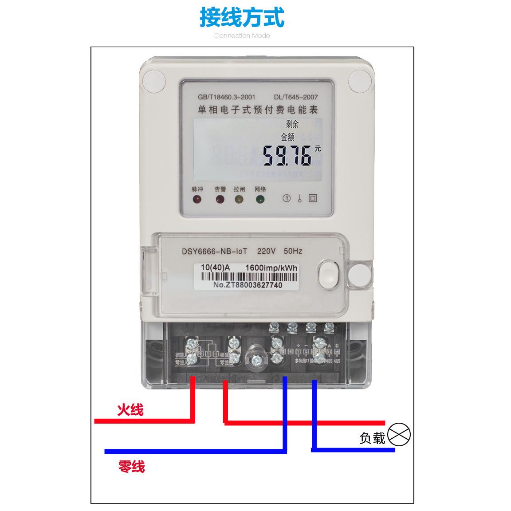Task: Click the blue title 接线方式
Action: click(x=242, y=17)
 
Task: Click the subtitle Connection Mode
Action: click(x=242, y=35)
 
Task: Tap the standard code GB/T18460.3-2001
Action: click(x=226, y=97)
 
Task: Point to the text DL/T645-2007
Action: click(x=296, y=97)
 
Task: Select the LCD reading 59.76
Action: click(x=287, y=156)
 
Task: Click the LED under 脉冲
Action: click(x=197, y=199)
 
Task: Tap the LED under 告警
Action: click(x=220, y=199)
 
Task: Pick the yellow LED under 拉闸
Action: click(x=239, y=199)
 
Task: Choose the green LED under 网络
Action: click(x=260, y=199)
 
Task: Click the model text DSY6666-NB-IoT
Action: click(x=214, y=251)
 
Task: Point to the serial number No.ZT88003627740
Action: click(x=247, y=285)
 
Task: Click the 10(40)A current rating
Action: click(x=215, y=268)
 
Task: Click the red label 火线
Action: click(x=130, y=410)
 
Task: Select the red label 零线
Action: click(x=131, y=467)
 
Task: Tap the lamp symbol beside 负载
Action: click(x=399, y=435)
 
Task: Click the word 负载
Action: click(x=372, y=438)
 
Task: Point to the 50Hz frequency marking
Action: click(x=293, y=251)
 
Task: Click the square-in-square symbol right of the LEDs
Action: click(x=313, y=198)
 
